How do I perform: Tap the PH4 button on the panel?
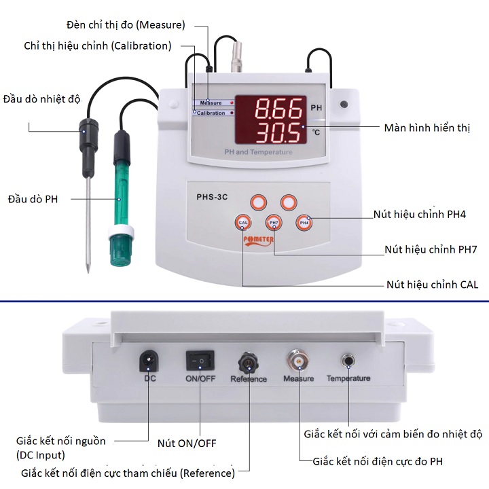[x=304, y=222]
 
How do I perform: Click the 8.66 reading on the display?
[x=279, y=108]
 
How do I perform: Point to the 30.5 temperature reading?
[x=279, y=131]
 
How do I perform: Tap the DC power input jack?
[x=150, y=360]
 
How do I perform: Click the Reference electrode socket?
[x=248, y=360]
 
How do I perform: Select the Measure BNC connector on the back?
[x=298, y=359]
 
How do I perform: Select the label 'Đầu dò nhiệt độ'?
[x=41, y=98]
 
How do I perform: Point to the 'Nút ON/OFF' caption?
[x=187, y=443]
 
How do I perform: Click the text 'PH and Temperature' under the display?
[x=259, y=152]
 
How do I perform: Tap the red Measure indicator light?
[x=232, y=103]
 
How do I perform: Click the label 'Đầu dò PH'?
[x=33, y=199]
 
